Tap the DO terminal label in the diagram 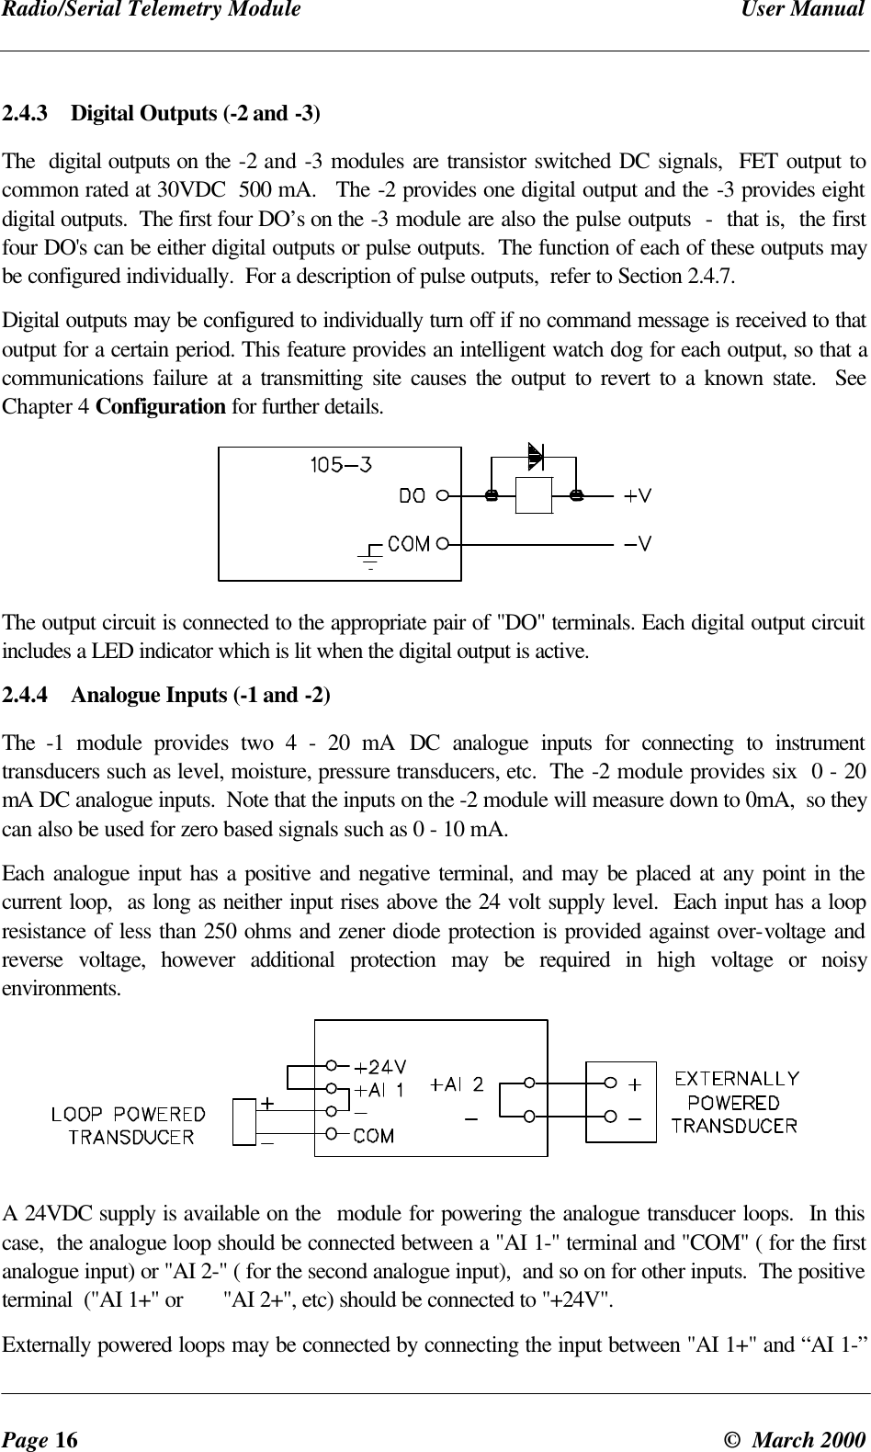413,495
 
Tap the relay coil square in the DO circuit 534,496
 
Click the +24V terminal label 381,1067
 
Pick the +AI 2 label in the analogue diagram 458,1084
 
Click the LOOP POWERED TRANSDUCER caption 129,1125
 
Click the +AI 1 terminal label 379,1090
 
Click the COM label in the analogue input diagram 375,1136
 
